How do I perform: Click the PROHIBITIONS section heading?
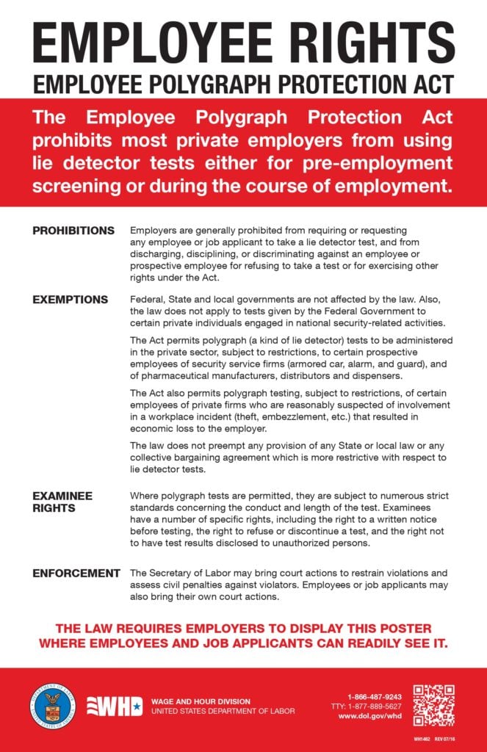[73, 231]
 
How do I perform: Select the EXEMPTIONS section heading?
[70, 300]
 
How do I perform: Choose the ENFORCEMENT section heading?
[76, 573]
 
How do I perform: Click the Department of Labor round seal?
[51, 706]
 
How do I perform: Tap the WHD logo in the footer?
[115, 706]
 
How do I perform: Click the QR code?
[433, 706]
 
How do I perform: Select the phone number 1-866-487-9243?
[375, 696]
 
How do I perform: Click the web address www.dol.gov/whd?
[375, 715]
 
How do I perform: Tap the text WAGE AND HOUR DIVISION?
[201, 701]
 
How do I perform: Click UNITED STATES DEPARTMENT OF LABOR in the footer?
[223, 711]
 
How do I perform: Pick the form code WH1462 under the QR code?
[420, 737]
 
